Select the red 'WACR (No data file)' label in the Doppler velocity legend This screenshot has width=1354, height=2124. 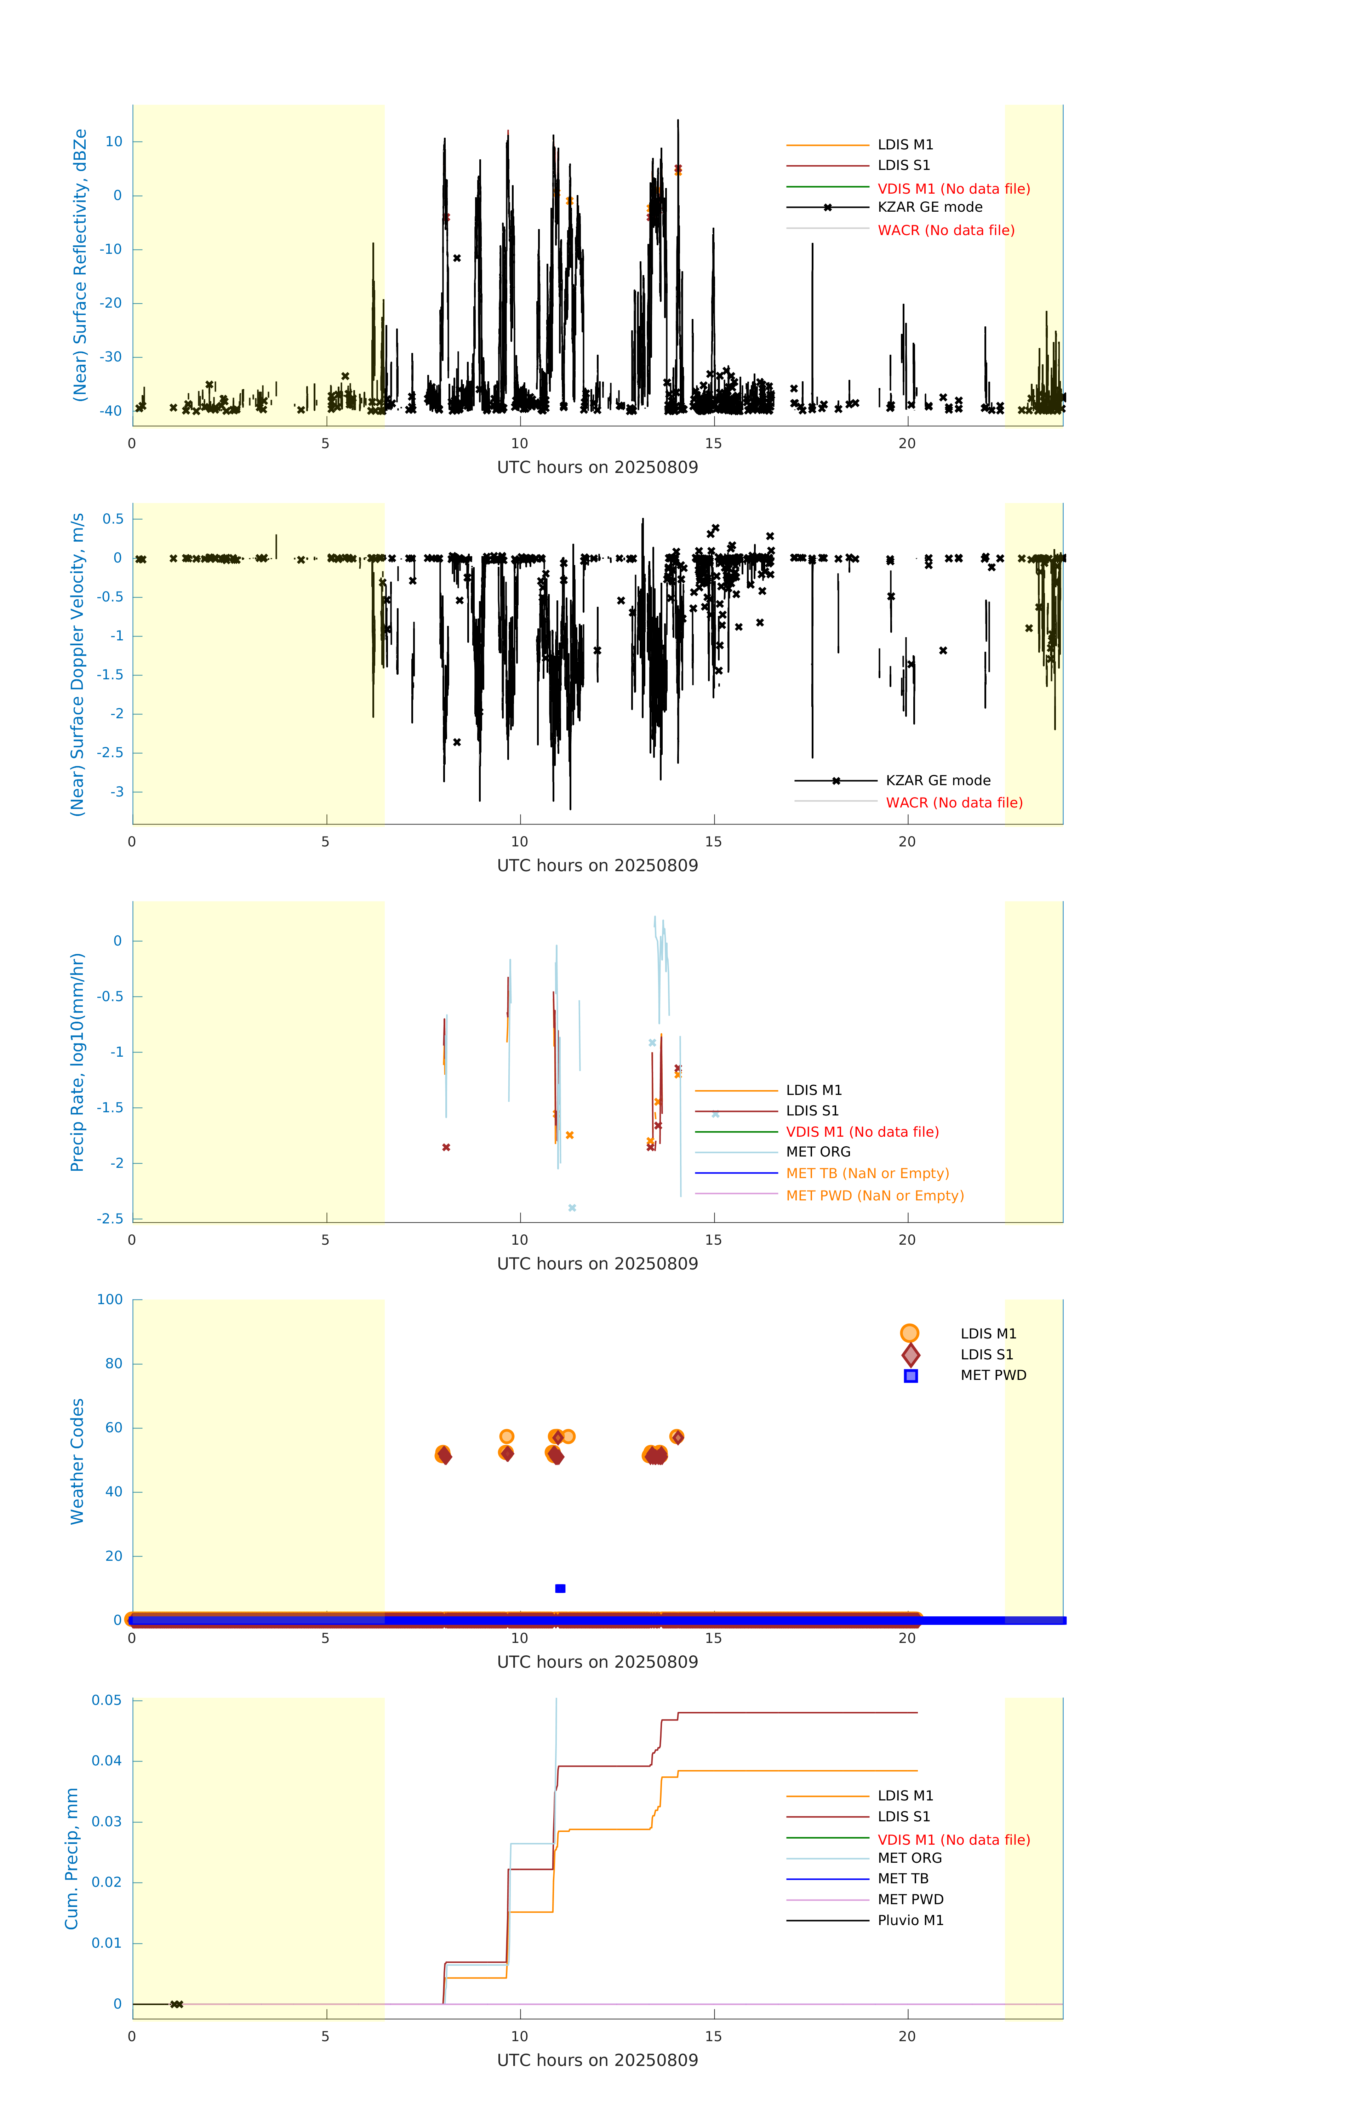[x=954, y=803]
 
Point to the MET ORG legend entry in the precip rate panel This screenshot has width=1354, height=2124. [x=818, y=1152]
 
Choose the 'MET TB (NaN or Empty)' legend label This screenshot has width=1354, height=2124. [x=867, y=1173]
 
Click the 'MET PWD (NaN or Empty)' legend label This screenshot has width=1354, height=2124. [x=874, y=1196]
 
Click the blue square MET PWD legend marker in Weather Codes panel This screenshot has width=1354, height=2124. [x=910, y=1376]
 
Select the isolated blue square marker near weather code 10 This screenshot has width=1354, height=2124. [x=560, y=1589]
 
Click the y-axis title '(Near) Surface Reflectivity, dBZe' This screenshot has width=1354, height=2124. [x=80, y=265]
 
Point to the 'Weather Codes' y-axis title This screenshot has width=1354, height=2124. [x=78, y=1461]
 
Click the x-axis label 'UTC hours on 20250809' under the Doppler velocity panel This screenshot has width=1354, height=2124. [x=597, y=865]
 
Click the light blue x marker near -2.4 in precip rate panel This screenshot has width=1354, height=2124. [x=572, y=1207]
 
